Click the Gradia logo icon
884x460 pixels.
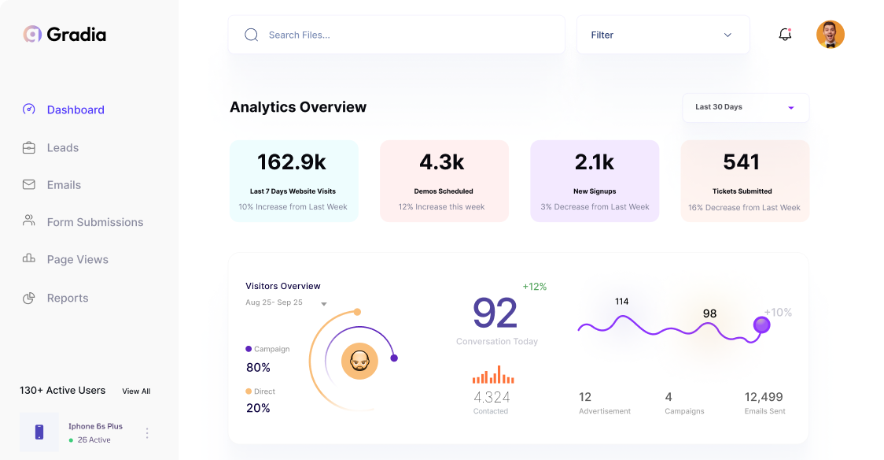32,34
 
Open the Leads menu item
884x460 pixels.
62,147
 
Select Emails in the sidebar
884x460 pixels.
64,185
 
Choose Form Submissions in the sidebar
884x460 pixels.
94,222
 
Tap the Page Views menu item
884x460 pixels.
77,259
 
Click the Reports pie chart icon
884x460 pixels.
29,298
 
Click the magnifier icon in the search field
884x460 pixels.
252,35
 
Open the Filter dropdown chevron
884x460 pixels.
727,35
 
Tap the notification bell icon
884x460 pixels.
785,35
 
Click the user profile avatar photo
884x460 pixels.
830,35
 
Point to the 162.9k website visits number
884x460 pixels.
292,162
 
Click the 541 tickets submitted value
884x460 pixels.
741,162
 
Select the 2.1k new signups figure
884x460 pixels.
594,162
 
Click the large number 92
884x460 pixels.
495,313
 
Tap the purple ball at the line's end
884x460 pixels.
761,325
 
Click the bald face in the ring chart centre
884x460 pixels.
359,362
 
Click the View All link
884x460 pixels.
136,391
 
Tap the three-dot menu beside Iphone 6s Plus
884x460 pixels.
147,432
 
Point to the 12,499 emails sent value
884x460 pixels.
764,397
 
